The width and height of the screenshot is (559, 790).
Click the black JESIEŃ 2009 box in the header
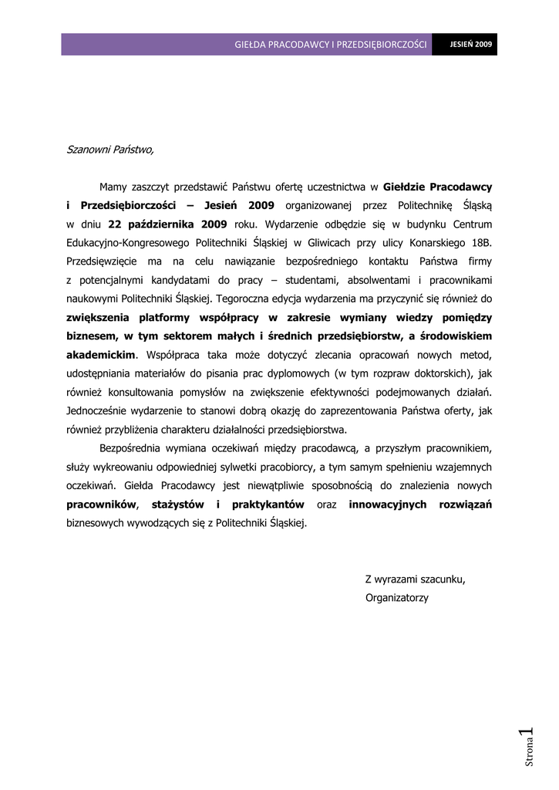(x=471, y=45)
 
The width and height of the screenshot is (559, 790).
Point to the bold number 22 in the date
(x=115, y=225)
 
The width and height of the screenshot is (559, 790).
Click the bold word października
(x=162, y=225)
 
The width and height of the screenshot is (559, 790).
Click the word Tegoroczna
(x=244, y=299)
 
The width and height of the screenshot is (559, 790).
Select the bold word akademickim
(x=101, y=355)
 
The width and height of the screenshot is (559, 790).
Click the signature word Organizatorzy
(x=396, y=598)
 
